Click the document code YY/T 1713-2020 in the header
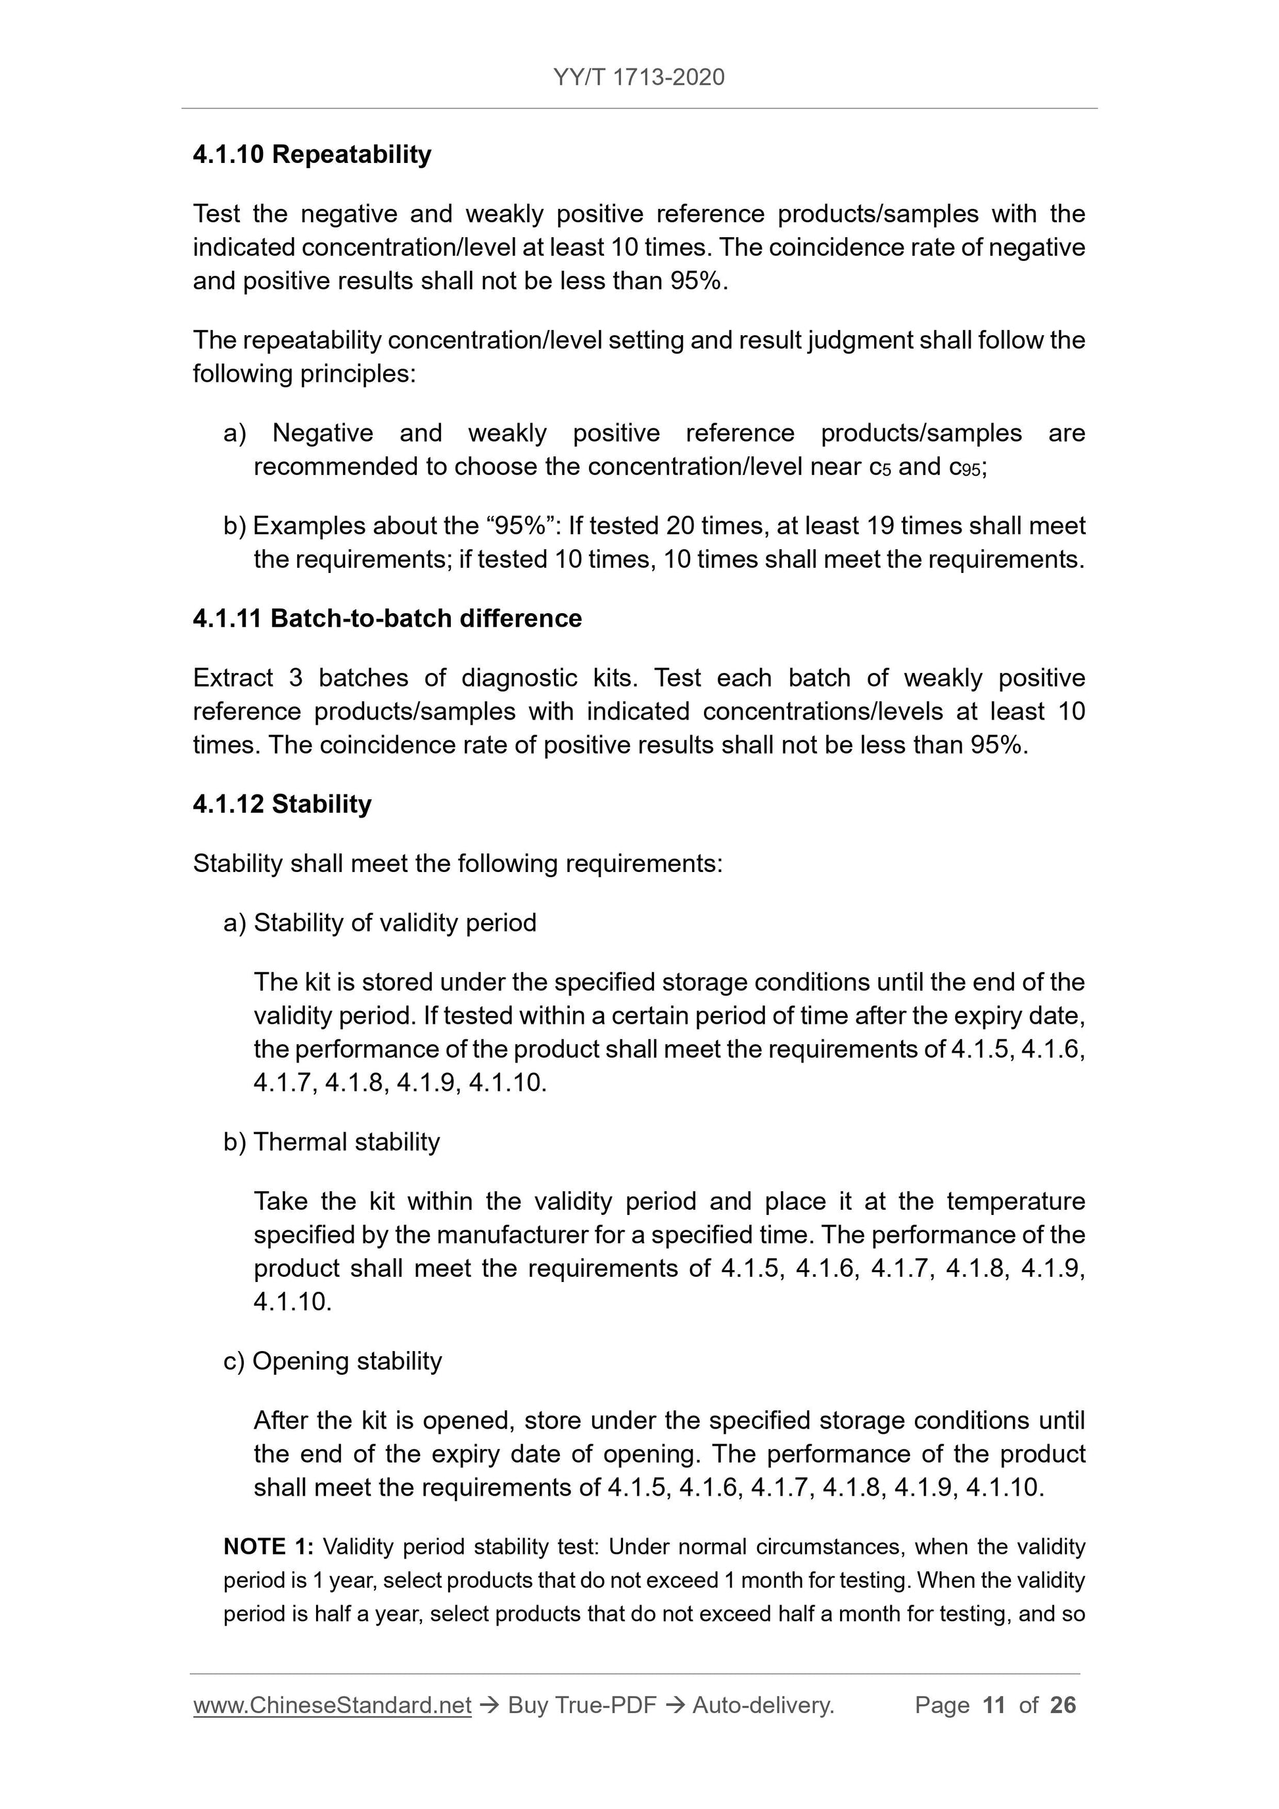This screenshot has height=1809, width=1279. tap(638, 78)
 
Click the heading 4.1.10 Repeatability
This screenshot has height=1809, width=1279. tap(312, 154)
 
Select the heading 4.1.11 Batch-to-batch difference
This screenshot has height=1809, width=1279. tap(387, 618)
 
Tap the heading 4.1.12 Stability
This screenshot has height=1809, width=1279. tap(282, 804)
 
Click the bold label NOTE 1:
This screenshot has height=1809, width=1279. tap(269, 1547)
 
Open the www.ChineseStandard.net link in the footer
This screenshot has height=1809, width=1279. tap(332, 1705)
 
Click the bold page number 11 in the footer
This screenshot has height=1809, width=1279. tap(994, 1705)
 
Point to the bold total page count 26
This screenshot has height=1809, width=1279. tap(1063, 1705)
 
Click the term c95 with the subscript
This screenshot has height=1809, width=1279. tap(966, 467)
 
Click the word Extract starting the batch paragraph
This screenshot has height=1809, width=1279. tap(233, 677)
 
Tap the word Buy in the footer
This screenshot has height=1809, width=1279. tap(527, 1705)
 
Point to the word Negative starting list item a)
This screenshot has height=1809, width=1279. tap(322, 432)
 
